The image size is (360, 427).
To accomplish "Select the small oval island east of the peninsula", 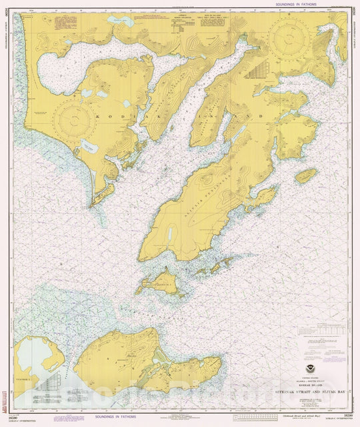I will [x=306, y=175].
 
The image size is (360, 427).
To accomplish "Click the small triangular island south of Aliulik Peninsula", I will [x=153, y=281].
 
